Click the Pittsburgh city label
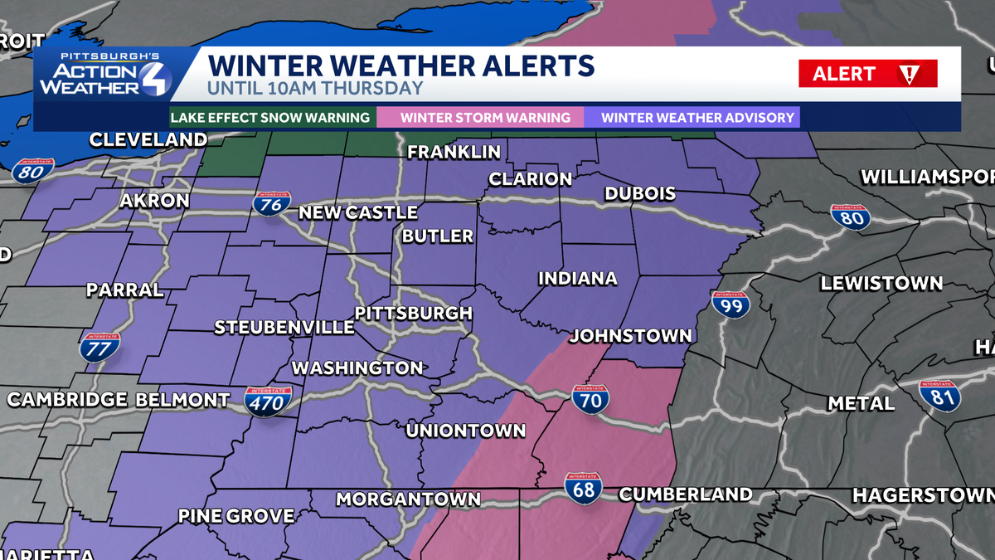413,314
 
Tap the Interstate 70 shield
590,400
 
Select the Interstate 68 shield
584,488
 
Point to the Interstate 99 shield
730,304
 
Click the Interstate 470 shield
267,401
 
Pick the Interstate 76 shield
272,202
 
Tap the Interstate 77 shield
98,346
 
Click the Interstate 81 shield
940,395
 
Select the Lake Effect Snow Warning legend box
270,118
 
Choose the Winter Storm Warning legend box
485,118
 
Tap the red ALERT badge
867,74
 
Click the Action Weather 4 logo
104,75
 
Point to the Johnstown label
630,336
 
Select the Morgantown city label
408,499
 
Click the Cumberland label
686,494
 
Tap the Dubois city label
640,194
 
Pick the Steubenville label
284,328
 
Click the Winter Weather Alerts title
400,66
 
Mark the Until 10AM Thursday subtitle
315,88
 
